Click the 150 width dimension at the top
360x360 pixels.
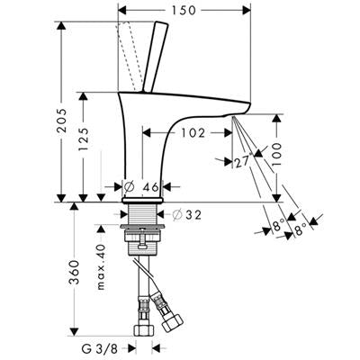[x=184, y=11]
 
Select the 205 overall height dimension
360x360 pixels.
[x=62, y=121]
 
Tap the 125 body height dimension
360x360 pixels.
[x=84, y=139]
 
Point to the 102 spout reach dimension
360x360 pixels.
[x=193, y=132]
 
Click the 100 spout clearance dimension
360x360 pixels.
[x=276, y=154]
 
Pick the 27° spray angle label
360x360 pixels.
[x=242, y=162]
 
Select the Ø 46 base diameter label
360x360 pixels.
[x=141, y=187]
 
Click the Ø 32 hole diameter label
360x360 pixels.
[x=187, y=214]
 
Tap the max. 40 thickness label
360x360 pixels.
[x=102, y=267]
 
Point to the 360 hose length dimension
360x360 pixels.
[x=74, y=272]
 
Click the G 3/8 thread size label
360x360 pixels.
[x=100, y=349]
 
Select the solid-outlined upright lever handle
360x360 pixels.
[x=155, y=57]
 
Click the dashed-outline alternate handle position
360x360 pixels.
[x=129, y=57]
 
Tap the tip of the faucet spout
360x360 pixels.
[x=248, y=105]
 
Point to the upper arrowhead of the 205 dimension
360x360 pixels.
[x=61, y=25]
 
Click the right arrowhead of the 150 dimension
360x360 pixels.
[x=247, y=11]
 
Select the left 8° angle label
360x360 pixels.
[x=278, y=224]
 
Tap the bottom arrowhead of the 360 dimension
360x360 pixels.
[x=74, y=331]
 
